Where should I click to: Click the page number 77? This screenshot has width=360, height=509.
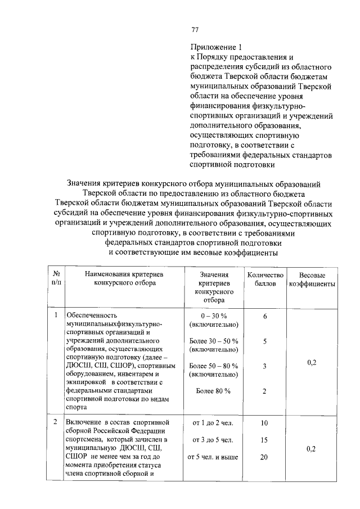(x=195, y=30)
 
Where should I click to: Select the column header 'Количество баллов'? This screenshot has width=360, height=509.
(x=264, y=279)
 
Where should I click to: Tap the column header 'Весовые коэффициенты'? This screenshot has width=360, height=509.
(x=312, y=280)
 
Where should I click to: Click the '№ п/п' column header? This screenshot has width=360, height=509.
(x=56, y=279)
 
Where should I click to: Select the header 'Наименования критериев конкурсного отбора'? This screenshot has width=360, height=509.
(x=124, y=279)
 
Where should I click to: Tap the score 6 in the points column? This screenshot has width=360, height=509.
(x=264, y=317)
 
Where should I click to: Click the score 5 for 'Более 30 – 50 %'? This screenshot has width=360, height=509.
(x=264, y=341)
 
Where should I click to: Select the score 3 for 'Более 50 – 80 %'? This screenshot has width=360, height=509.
(x=264, y=366)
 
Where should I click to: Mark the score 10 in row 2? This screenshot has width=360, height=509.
(x=264, y=422)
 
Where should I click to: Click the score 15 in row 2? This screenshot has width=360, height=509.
(x=264, y=440)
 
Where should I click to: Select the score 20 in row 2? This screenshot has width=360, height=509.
(x=264, y=457)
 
